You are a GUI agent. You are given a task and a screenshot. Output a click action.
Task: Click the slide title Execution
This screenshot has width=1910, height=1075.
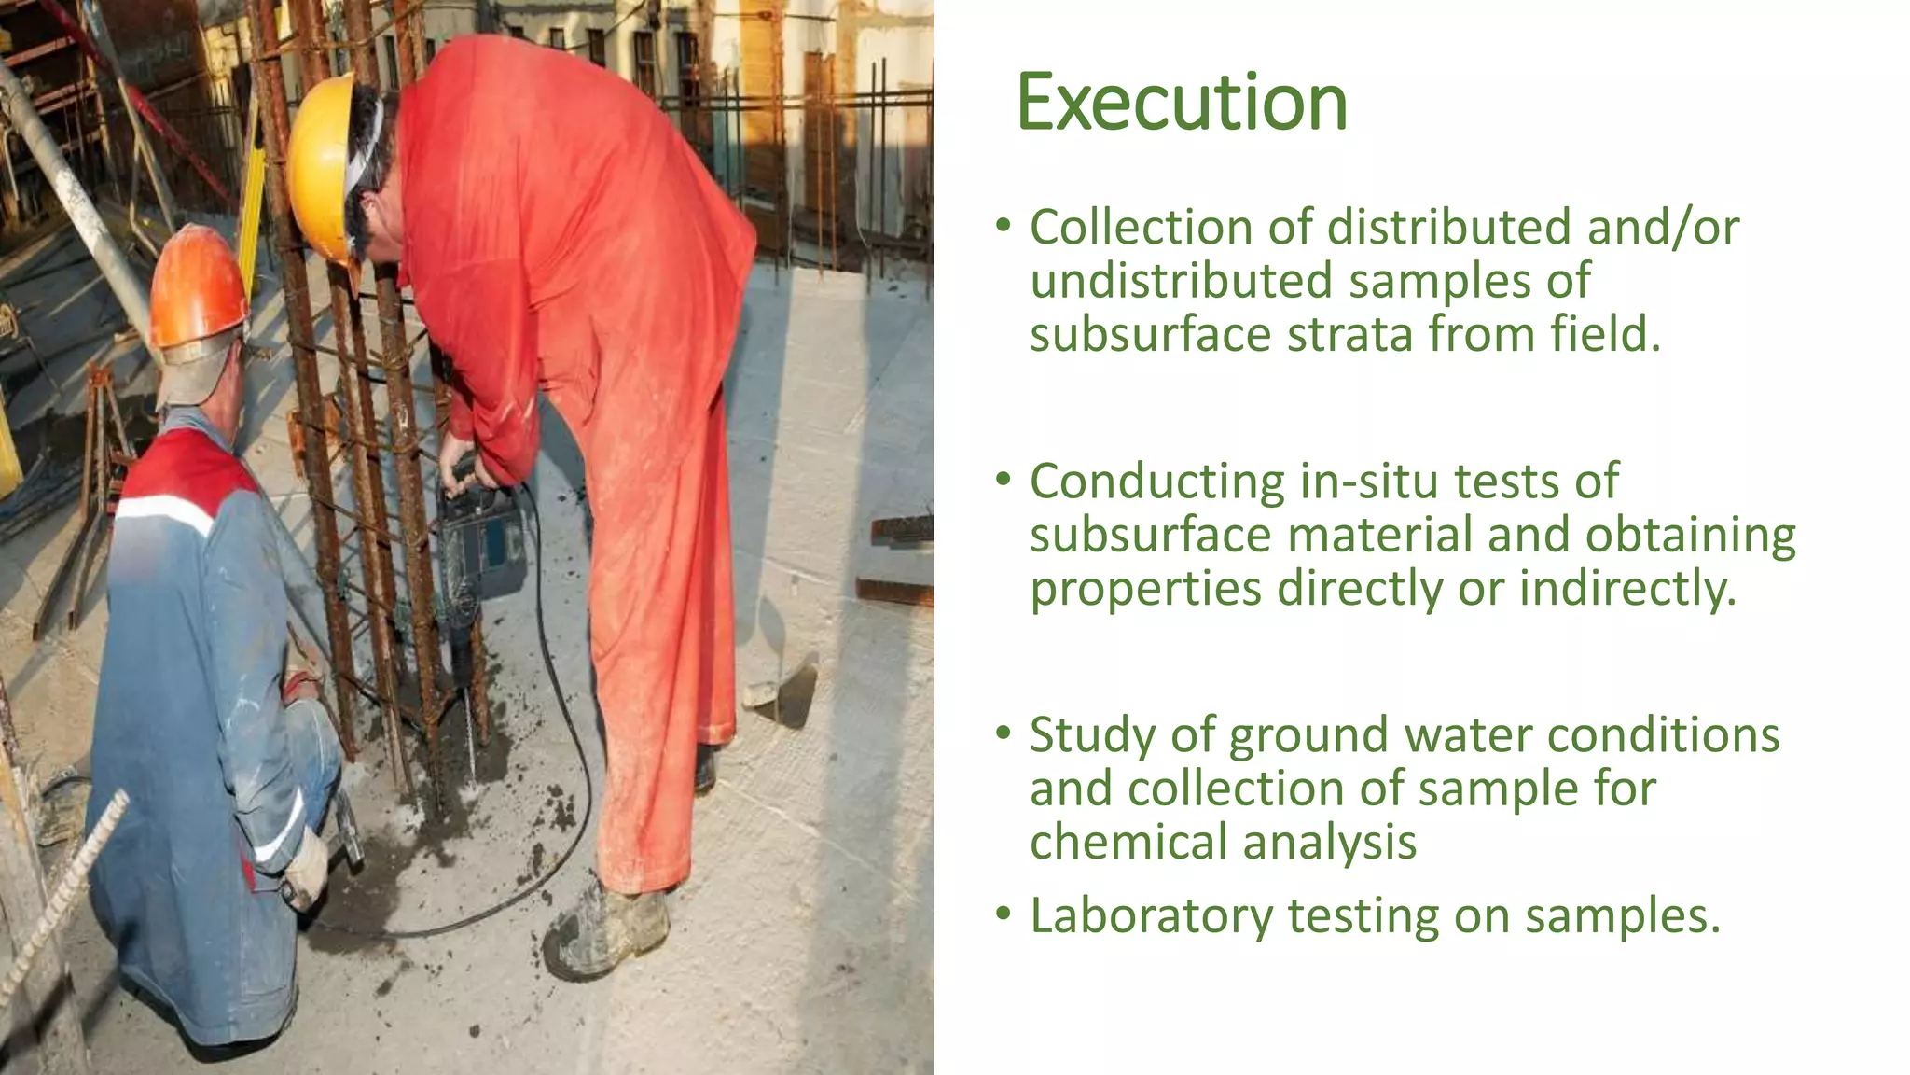(1182, 102)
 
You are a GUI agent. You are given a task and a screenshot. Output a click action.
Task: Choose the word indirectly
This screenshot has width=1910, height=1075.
(1628, 589)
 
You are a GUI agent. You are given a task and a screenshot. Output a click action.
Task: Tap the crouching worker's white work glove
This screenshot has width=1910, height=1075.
(306, 868)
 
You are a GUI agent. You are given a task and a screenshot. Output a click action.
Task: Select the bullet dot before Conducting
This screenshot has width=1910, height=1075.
(1003, 479)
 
